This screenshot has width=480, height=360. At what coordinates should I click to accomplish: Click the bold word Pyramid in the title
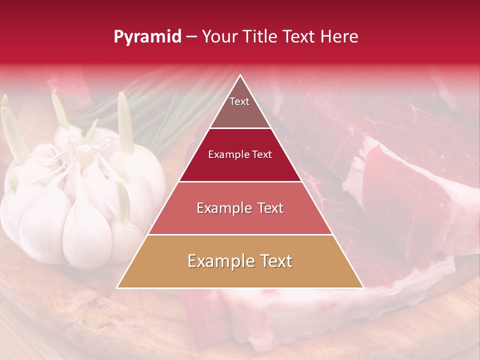147,37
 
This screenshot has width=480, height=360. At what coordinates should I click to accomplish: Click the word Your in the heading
218,37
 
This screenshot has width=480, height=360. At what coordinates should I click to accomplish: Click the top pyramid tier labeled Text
239,107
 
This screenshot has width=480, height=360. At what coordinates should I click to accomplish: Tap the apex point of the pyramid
240,75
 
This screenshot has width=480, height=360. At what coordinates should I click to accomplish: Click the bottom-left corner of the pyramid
117,287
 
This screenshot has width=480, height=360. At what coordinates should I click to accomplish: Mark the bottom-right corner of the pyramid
363,287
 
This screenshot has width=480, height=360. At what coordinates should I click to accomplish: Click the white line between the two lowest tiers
240,234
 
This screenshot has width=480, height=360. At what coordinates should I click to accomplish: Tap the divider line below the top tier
240,128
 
